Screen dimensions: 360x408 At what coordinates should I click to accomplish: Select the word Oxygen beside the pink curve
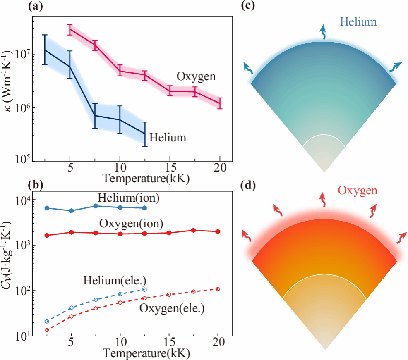click(197, 76)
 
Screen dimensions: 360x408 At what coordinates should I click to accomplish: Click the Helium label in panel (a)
click(168, 137)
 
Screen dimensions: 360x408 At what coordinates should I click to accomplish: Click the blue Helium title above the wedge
click(356, 21)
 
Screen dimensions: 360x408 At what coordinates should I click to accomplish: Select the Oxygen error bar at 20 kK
click(220, 103)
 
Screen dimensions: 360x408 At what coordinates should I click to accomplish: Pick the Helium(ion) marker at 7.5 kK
click(96, 206)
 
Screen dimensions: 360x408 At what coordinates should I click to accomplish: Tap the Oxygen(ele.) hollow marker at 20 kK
click(218, 289)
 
